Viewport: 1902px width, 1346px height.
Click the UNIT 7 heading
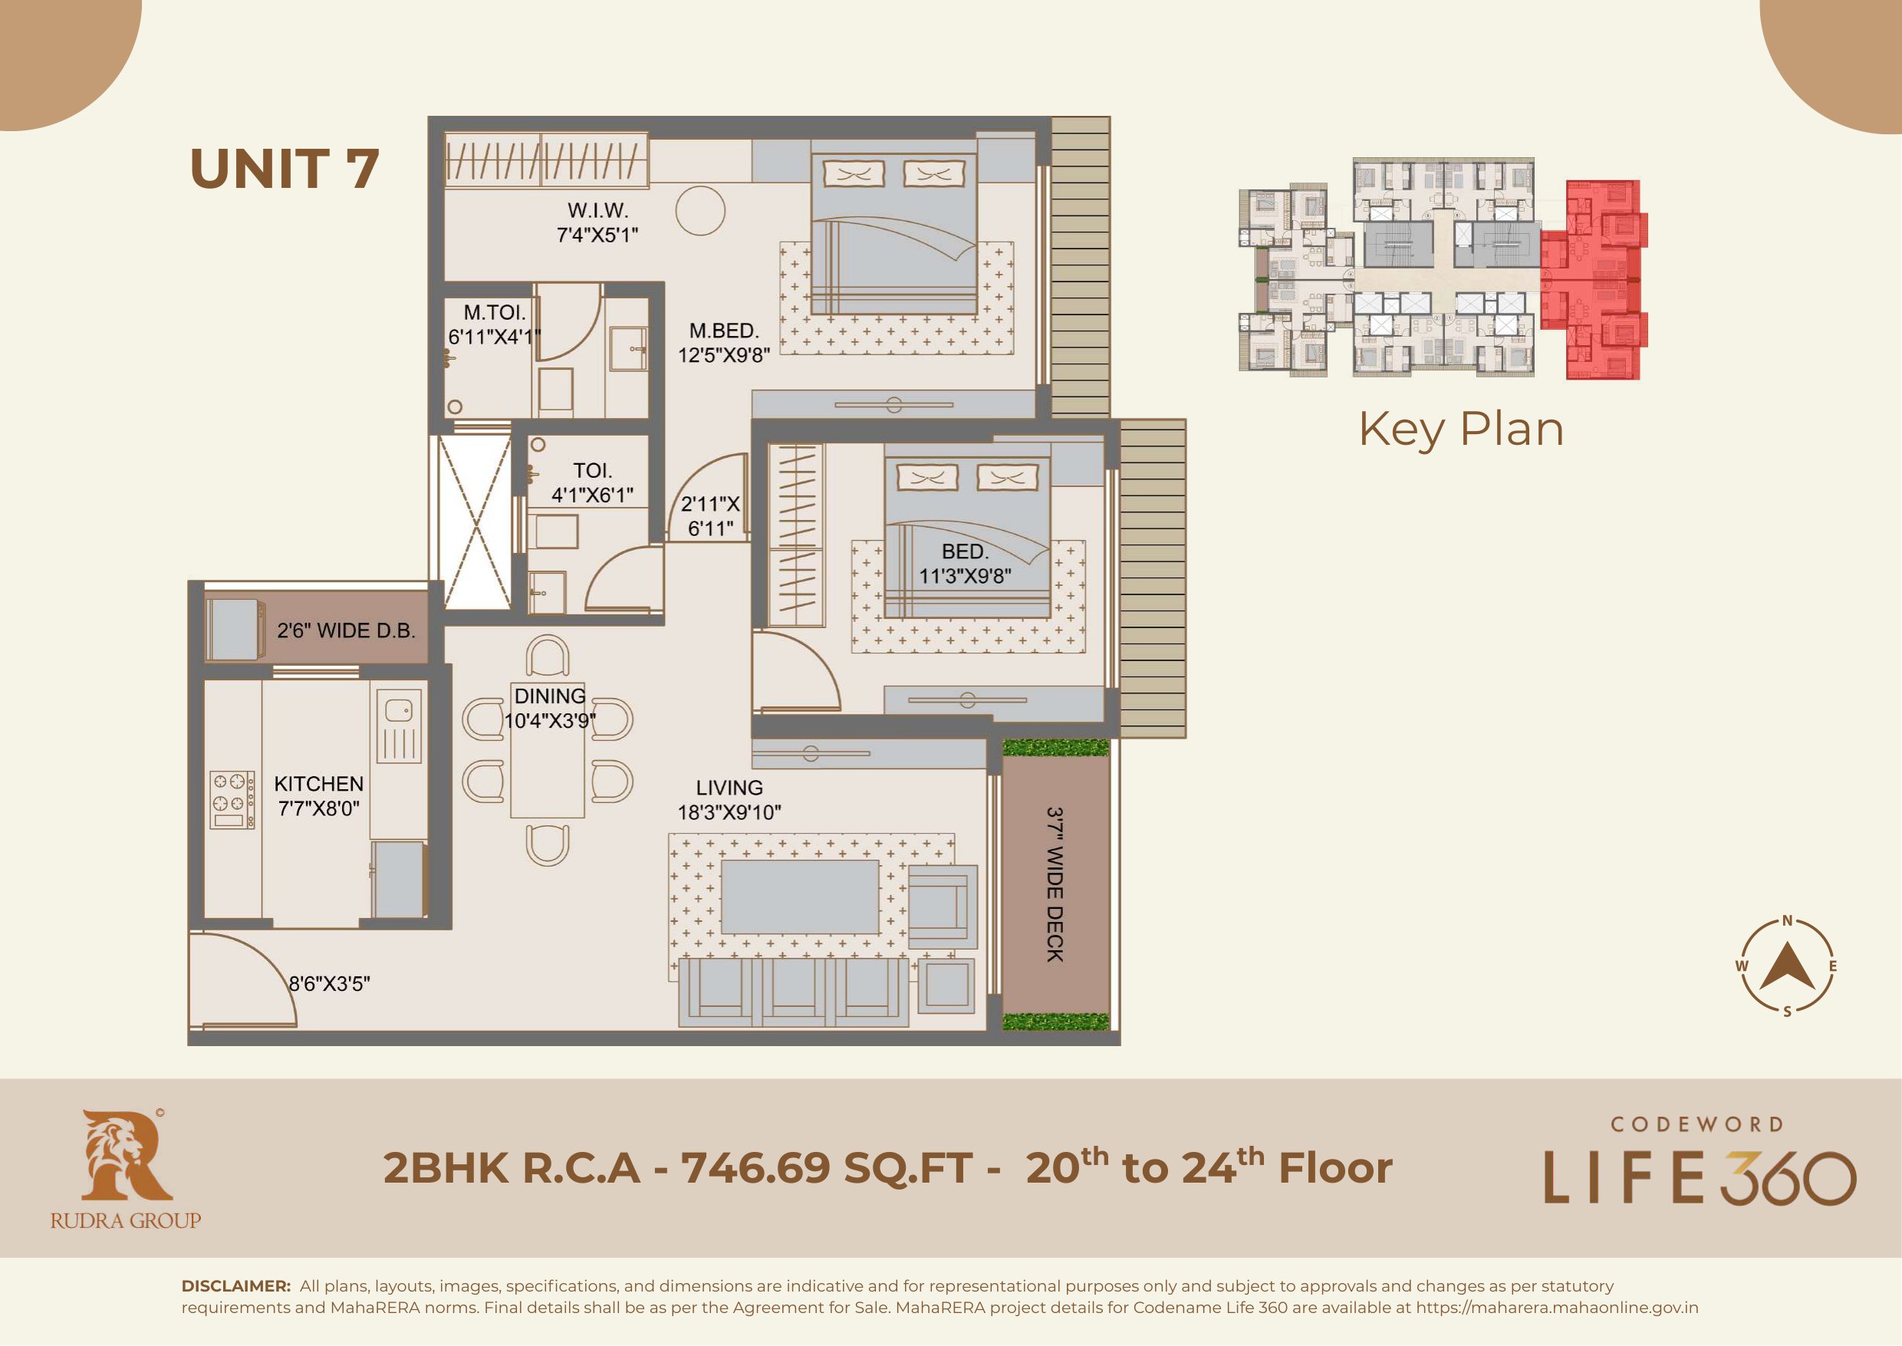(285, 169)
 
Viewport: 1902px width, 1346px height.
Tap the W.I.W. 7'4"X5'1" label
(597, 222)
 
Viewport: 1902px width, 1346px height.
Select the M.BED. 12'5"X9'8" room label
(723, 342)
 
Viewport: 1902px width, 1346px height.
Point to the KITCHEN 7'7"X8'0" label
(318, 795)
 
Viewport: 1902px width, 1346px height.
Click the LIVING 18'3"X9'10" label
(729, 800)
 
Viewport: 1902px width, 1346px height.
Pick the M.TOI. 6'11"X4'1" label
(494, 324)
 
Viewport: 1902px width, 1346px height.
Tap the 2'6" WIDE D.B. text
(346, 630)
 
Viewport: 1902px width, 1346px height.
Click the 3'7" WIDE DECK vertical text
(1055, 884)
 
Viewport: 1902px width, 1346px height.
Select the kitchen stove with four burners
(232, 800)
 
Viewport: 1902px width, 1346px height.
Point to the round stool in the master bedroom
(700, 210)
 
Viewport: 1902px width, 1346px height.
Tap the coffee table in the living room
(800, 897)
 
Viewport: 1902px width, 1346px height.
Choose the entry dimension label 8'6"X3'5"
(329, 984)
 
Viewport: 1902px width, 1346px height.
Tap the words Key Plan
(1460, 430)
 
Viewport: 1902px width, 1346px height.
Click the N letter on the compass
(1788, 920)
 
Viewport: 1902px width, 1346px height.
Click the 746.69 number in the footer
(755, 1168)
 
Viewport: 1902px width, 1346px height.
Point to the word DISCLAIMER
(236, 1286)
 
